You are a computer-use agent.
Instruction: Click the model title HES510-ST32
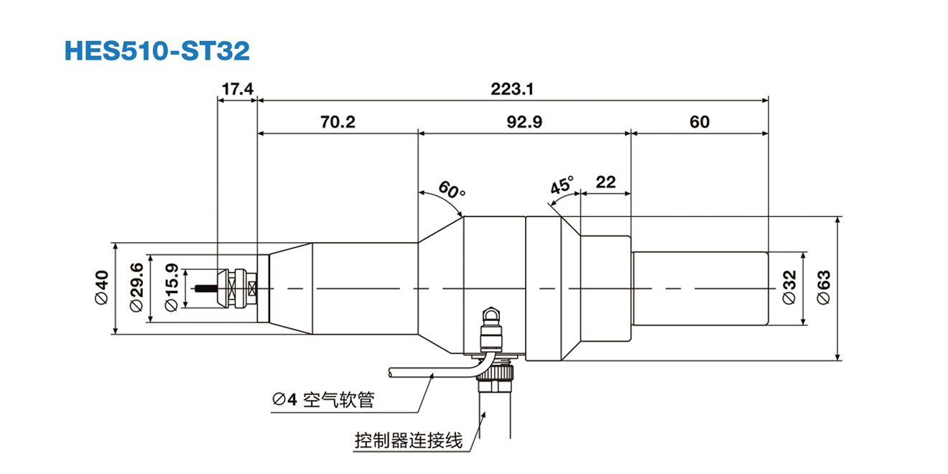pos(157,50)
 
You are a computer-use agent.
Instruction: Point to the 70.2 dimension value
pos(338,122)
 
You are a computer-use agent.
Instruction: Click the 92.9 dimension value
pos(524,122)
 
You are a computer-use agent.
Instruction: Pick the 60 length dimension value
pos(699,122)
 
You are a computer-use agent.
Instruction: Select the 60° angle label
pos(452,191)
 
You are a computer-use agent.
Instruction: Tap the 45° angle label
pos(562,185)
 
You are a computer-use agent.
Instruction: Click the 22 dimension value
pos(605,182)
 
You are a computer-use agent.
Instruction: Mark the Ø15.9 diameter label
pos(172,288)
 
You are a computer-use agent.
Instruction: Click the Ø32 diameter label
pos(789,288)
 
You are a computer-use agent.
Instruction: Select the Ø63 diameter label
pos(823,288)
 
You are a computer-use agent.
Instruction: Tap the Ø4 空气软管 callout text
pos(323,400)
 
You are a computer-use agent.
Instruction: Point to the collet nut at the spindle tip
pos(237,288)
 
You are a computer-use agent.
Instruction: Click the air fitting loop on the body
pos(491,313)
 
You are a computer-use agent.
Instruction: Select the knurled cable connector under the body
pos(495,377)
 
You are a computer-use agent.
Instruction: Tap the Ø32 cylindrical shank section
pos(700,288)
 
